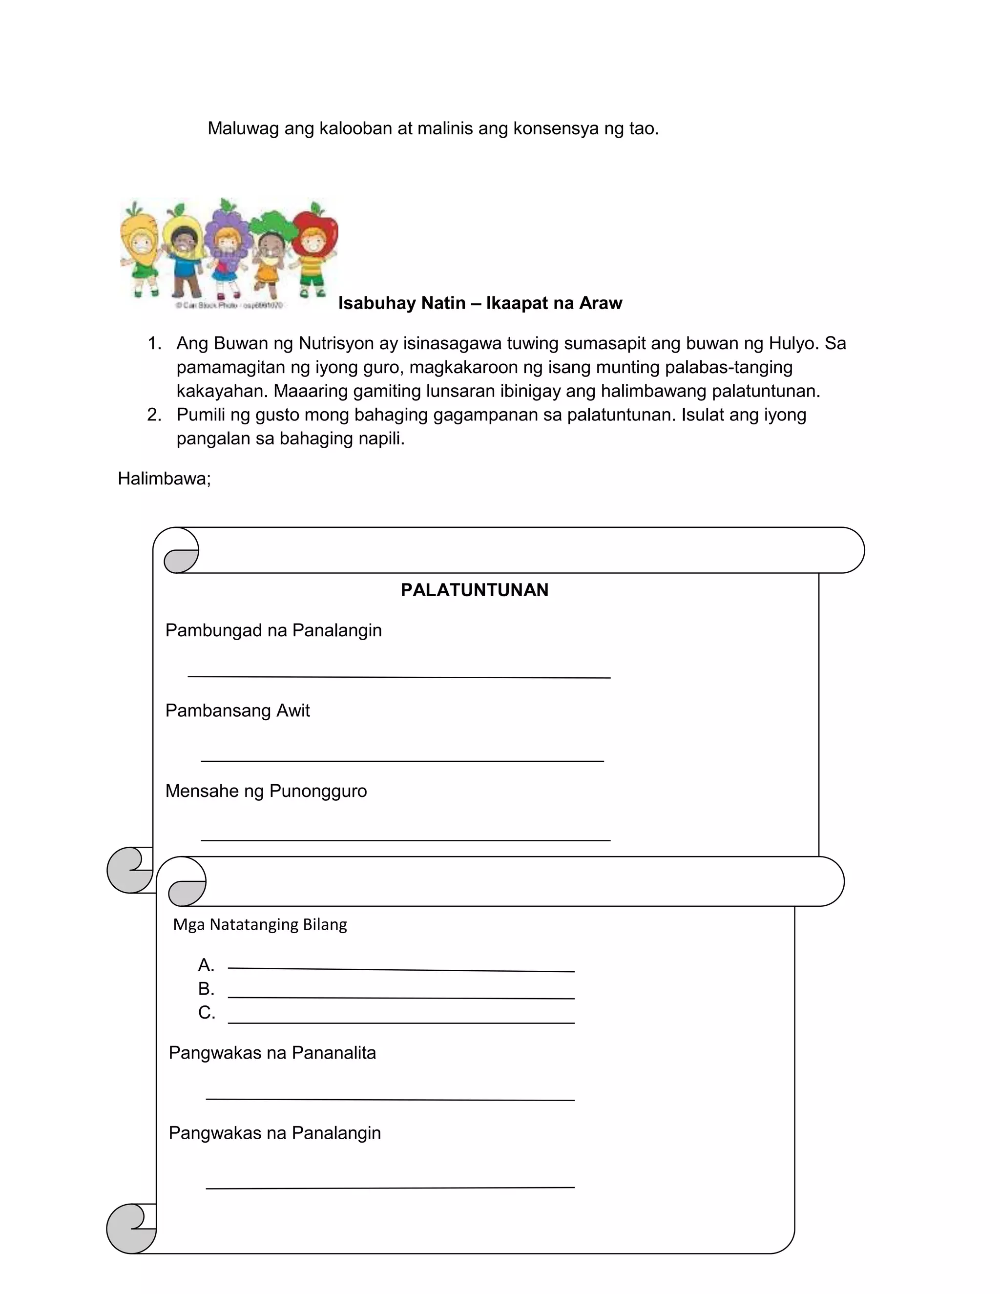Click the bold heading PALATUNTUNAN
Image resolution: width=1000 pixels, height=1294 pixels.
click(x=475, y=590)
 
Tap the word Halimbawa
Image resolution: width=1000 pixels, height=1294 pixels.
click(x=163, y=479)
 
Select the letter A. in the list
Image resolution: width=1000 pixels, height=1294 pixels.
click(x=206, y=966)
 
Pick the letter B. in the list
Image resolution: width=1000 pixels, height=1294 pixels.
click(x=206, y=989)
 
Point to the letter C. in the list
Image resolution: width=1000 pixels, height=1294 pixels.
click(x=207, y=1013)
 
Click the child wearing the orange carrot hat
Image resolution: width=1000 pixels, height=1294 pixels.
click(x=141, y=249)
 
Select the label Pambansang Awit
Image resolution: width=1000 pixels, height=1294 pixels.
click(x=238, y=711)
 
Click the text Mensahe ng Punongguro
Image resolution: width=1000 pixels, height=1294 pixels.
click(x=266, y=792)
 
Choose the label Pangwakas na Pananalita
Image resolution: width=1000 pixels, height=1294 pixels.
click(x=272, y=1053)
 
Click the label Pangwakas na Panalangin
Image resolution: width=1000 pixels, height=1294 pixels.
click(x=274, y=1133)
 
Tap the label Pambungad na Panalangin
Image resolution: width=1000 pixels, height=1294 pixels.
click(x=273, y=630)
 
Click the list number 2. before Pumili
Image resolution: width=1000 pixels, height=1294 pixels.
click(x=154, y=415)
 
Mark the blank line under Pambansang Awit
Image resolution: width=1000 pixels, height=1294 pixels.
click(x=402, y=760)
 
